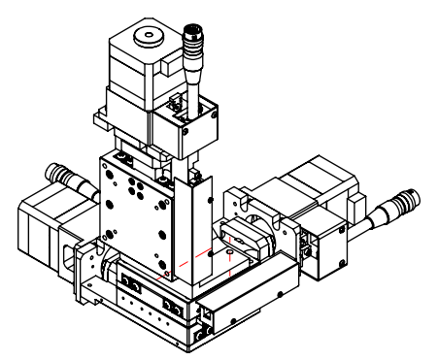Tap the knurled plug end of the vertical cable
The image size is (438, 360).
pos(187,43)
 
